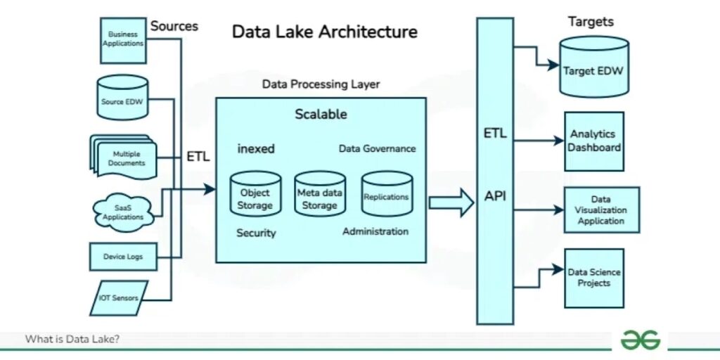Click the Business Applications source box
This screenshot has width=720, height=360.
pyautogui.click(x=123, y=39)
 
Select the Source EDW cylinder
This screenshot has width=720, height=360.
pyautogui.click(x=122, y=101)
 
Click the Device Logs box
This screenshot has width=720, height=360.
pyautogui.click(x=123, y=257)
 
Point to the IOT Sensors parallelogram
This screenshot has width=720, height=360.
pyautogui.click(x=119, y=298)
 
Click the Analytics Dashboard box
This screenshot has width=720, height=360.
pyautogui.click(x=594, y=141)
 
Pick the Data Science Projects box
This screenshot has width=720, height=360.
pyautogui.click(x=594, y=278)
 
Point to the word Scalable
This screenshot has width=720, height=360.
pyautogui.click(x=321, y=114)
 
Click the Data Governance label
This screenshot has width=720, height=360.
pyautogui.click(x=377, y=149)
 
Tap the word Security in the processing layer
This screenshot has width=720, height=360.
pyautogui.click(x=256, y=233)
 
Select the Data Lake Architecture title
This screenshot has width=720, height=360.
pyautogui.click(x=324, y=32)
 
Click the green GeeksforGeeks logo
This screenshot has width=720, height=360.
pyautogui.click(x=640, y=340)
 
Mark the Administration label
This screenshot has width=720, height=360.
pyautogui.click(x=375, y=231)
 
